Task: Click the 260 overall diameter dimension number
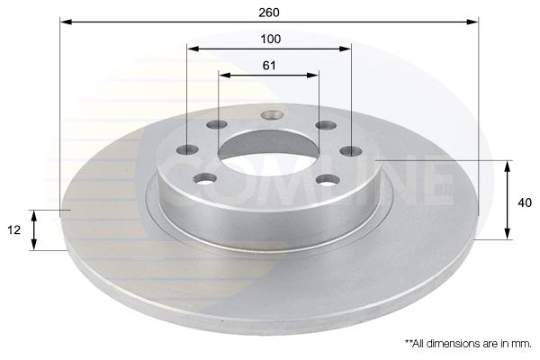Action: tap(269, 13)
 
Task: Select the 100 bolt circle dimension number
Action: tap(270, 39)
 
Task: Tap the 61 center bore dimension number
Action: tap(269, 65)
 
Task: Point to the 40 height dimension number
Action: tap(525, 202)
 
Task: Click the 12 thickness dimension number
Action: tap(14, 229)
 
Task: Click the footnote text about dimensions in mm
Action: tap(468, 344)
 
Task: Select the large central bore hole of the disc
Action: tap(268, 153)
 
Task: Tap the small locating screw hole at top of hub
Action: tap(272, 114)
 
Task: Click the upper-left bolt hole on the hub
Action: tap(217, 124)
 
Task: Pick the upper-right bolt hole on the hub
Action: tap(326, 125)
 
